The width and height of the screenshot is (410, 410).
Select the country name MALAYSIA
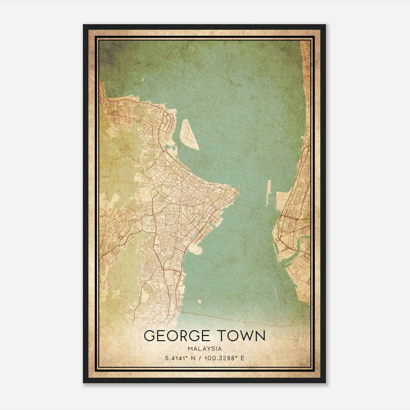[204, 349]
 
